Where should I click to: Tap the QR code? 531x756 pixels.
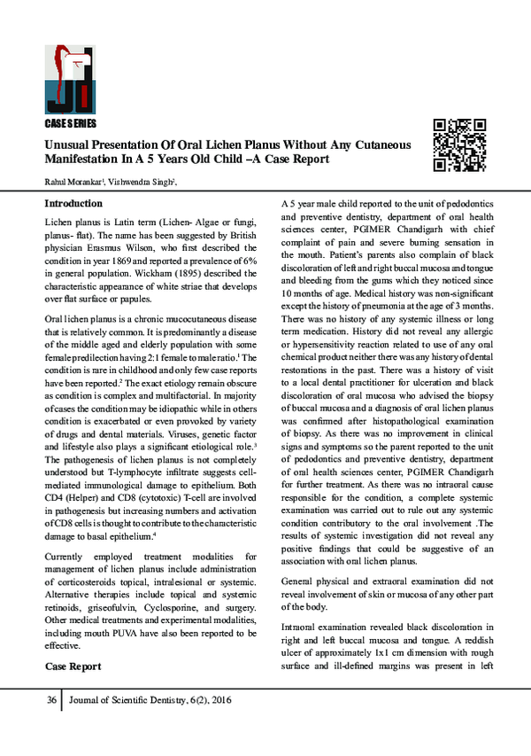pos(459,144)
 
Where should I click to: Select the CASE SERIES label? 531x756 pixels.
pos(70,123)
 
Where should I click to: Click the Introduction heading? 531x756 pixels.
pos(73,204)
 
